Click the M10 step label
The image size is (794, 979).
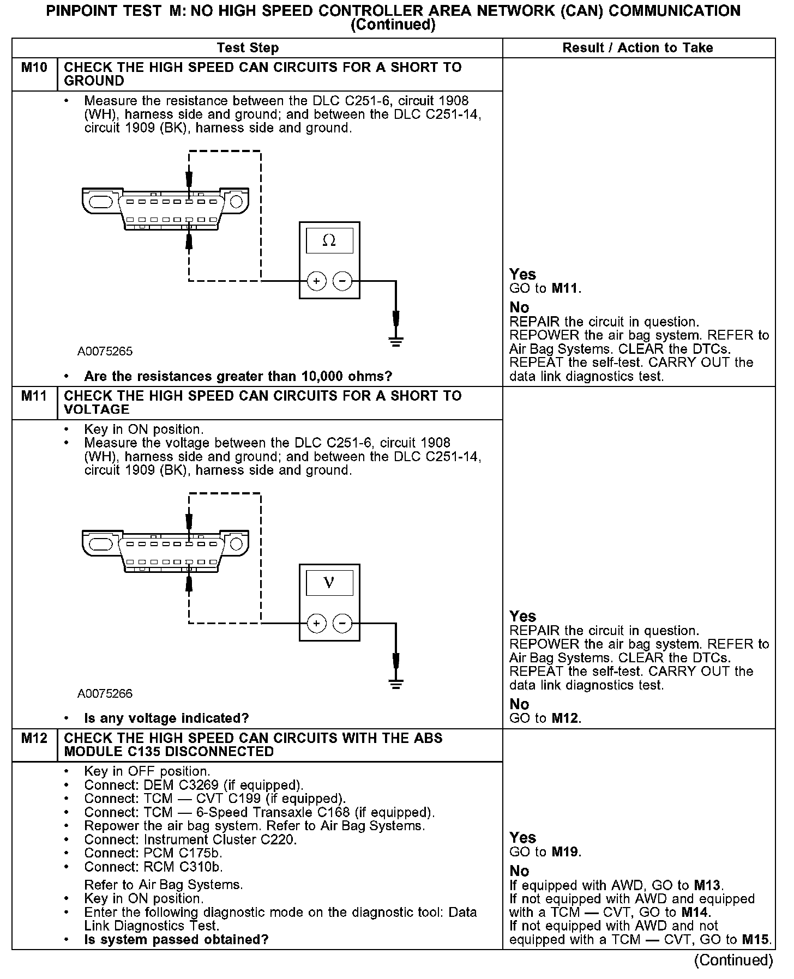click(x=34, y=68)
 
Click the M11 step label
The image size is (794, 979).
click(x=34, y=396)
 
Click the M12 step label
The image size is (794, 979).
click(x=34, y=738)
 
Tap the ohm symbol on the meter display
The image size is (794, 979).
click(x=329, y=240)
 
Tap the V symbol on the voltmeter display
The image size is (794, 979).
click(x=329, y=583)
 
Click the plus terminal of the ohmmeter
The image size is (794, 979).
click(x=316, y=281)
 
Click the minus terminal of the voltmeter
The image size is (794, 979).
click(x=342, y=623)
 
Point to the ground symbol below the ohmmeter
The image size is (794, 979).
click(x=396, y=342)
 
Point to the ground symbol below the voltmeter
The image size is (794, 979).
click(x=396, y=684)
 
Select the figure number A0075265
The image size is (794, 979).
click(x=105, y=352)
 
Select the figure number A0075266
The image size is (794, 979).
click(x=105, y=694)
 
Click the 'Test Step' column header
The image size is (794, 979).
click(x=248, y=48)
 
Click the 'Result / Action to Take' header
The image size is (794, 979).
click(x=637, y=48)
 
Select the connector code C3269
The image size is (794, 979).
click(x=200, y=785)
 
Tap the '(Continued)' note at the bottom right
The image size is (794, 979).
click(x=733, y=960)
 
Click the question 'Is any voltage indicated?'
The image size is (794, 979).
click(x=166, y=718)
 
